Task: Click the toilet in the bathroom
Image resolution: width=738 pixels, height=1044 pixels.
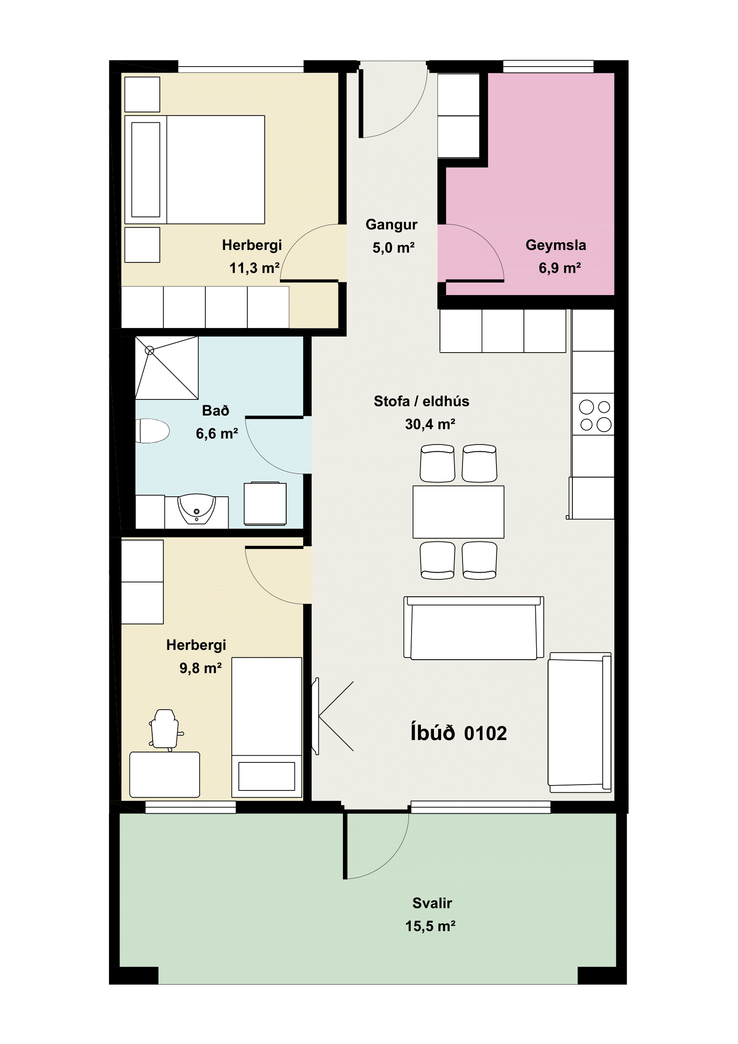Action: (x=153, y=431)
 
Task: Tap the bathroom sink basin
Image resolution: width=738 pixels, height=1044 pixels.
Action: (x=196, y=509)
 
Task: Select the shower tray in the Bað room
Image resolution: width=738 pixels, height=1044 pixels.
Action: (x=167, y=368)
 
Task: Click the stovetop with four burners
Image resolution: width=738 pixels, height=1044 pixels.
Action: (x=593, y=414)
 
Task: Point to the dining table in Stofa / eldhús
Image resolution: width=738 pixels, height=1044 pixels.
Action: (x=459, y=512)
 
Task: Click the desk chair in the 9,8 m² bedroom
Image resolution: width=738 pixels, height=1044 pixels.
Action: (x=165, y=729)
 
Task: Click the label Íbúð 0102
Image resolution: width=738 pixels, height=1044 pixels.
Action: (x=459, y=733)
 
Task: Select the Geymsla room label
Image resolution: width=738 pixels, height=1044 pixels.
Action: (x=556, y=245)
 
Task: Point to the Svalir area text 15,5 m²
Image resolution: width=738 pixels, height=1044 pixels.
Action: (x=431, y=926)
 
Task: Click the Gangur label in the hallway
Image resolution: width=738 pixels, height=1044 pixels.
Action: (x=392, y=225)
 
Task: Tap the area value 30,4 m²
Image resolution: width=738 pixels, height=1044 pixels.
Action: (x=430, y=424)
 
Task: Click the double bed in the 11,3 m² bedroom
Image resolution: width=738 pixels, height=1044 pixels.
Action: (x=195, y=170)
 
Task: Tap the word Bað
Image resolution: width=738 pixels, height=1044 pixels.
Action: (x=216, y=411)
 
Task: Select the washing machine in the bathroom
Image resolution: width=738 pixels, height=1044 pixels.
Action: (x=265, y=504)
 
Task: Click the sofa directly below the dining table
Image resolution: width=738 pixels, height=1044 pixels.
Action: (x=474, y=628)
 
